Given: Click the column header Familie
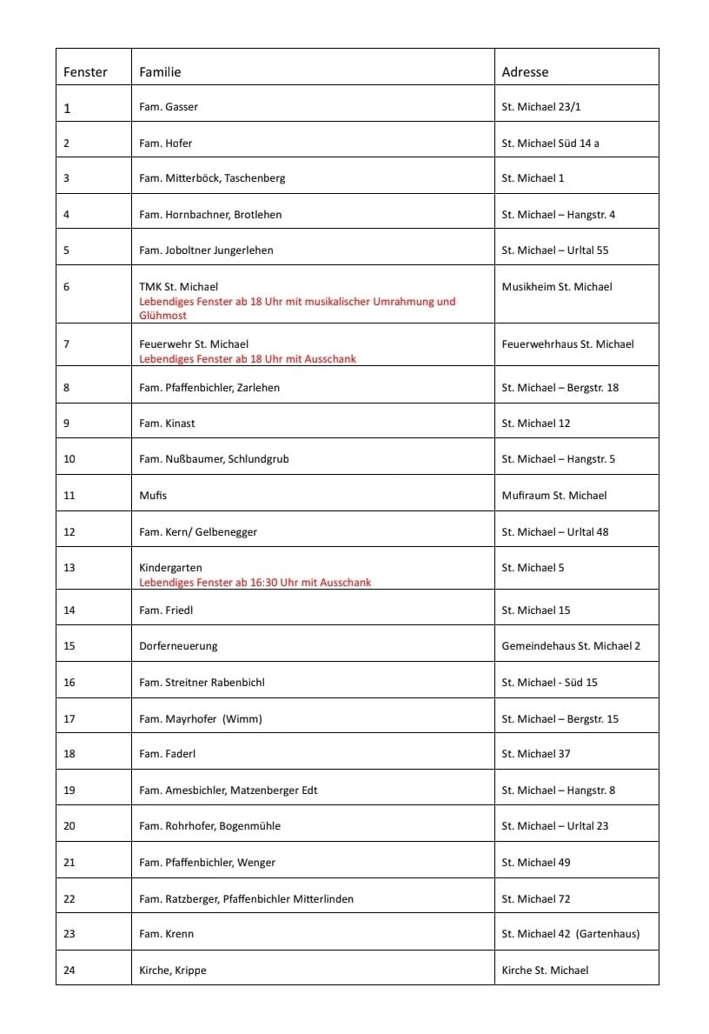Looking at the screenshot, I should click(160, 72).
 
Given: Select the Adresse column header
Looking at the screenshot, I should click(525, 72).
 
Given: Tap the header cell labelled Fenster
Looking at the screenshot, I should click(85, 72).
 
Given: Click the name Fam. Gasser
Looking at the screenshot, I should click(169, 107).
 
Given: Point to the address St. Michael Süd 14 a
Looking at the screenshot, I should click(550, 143).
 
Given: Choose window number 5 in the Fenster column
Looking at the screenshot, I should click(67, 250).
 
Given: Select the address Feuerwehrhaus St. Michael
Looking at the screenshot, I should click(567, 344).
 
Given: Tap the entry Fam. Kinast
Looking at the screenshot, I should click(167, 424).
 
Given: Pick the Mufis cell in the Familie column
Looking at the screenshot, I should click(153, 496).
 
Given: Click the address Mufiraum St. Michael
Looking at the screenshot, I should click(553, 496).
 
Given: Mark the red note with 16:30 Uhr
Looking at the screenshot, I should click(255, 583).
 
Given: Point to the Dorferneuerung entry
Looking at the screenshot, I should click(178, 646).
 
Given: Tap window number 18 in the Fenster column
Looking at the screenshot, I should click(70, 754).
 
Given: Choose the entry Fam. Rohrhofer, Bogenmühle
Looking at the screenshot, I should click(209, 826).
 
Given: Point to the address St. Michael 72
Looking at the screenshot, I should click(535, 899).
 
